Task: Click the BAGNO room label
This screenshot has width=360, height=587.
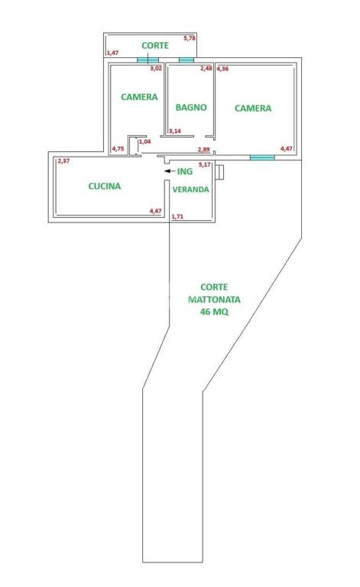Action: point(191,108)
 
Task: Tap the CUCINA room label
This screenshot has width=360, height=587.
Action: point(105,186)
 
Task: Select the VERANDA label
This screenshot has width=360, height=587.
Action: point(190,190)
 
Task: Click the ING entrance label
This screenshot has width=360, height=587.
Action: point(185,171)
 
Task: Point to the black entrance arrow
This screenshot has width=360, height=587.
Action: point(170,171)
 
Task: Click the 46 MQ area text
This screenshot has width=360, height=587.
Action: point(214,312)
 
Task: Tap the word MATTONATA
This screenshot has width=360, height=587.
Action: point(214,300)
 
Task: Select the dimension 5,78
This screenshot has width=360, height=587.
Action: point(190,37)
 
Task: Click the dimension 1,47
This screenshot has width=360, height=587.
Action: point(112,53)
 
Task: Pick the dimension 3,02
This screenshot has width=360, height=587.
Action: point(156,69)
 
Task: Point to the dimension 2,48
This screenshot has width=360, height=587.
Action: point(206,69)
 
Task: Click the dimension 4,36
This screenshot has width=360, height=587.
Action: point(222,69)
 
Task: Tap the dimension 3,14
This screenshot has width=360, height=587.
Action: point(175,131)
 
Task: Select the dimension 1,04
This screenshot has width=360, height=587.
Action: point(144,141)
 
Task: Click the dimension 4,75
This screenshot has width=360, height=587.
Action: point(118,148)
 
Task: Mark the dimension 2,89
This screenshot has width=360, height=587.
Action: point(203,150)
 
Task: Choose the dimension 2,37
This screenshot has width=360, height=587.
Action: point(63,161)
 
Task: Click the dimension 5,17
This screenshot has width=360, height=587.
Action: point(205,164)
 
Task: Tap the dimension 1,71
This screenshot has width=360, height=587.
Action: point(177,216)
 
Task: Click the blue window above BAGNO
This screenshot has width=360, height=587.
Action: point(186,60)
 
